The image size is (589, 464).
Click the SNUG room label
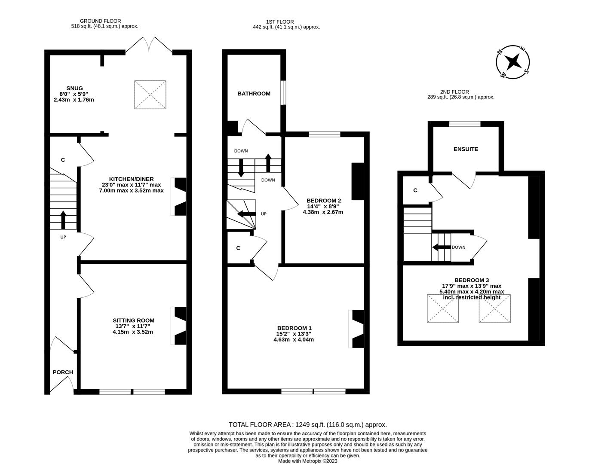pyautogui.click(x=71, y=89)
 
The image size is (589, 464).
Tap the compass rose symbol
pyautogui.click(x=513, y=63)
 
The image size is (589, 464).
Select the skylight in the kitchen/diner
pyautogui.click(x=150, y=94)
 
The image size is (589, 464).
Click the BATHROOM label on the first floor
pyautogui.click(x=254, y=94)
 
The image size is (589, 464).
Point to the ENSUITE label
pyautogui.click(x=466, y=149)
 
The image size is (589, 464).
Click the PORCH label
pyautogui.click(x=63, y=372)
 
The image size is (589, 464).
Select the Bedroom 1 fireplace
pyautogui.click(x=357, y=329)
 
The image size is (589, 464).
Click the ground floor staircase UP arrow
pyautogui.click(x=63, y=220)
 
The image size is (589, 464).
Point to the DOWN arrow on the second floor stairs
pyautogui.click(x=441, y=247)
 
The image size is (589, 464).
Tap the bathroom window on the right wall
pyautogui.click(x=283, y=92)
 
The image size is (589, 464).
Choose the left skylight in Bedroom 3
pyautogui.click(x=443, y=308)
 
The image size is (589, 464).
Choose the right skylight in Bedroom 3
pyautogui.click(x=494, y=308)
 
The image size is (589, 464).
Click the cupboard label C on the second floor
pyautogui.click(x=415, y=190)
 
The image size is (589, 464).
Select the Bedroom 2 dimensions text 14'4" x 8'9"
pyautogui.click(x=323, y=206)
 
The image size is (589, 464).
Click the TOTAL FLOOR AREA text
pyautogui.click(x=307, y=424)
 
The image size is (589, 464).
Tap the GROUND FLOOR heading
pyautogui.click(x=100, y=21)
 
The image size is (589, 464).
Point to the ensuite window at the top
pyautogui.click(x=465, y=124)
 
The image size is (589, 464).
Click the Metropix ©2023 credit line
pyautogui.click(x=307, y=461)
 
